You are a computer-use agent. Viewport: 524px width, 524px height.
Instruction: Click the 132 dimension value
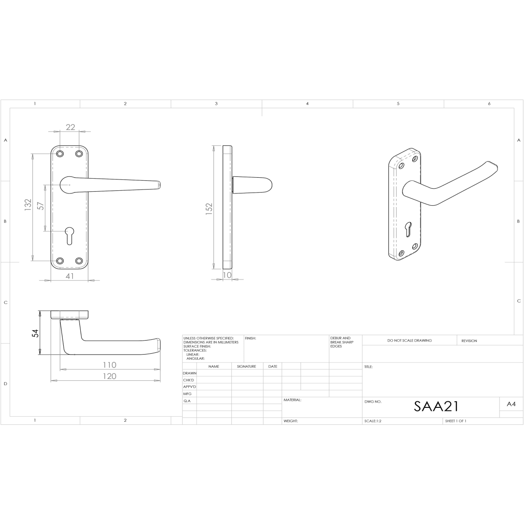coord(28,205)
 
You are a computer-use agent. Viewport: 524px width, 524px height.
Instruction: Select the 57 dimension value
coord(40,206)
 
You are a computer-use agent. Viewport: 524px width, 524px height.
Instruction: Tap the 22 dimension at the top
coord(70,127)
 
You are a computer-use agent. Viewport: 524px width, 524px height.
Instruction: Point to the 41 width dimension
coord(69,276)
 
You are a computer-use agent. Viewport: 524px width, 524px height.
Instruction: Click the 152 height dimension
coord(209,209)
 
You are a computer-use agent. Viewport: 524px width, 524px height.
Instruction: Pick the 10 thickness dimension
coord(227,275)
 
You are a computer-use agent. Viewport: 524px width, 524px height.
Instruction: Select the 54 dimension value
coord(35,333)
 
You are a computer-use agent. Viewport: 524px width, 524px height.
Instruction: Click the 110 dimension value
coord(110,365)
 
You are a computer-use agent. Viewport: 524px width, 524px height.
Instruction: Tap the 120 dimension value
coord(110,376)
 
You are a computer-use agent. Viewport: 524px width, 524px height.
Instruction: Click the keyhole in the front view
coord(69,235)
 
